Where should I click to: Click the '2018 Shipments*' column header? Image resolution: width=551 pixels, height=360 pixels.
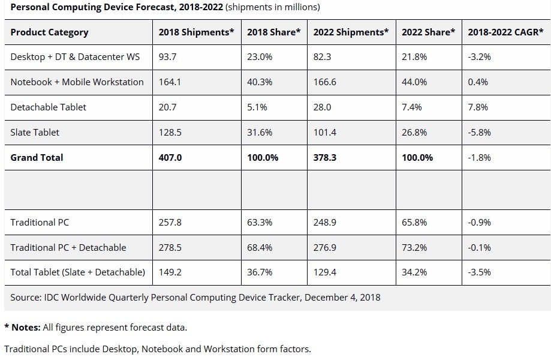[196, 32]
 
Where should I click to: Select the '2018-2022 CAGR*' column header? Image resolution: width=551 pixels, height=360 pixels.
[505, 32]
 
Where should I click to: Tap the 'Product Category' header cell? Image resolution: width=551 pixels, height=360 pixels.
[49, 32]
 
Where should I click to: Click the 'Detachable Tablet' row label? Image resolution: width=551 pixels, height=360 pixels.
[48, 107]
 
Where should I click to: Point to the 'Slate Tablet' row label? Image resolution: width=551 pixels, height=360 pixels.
[35, 132]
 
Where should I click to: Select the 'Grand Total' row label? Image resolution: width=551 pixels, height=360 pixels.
[37, 157]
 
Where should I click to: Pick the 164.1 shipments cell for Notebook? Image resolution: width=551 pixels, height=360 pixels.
[170, 82]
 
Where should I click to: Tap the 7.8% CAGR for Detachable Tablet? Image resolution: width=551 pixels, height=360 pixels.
[478, 107]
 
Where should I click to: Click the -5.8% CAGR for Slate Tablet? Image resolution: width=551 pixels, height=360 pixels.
[479, 132]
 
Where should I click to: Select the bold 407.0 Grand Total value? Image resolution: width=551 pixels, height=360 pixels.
[170, 157]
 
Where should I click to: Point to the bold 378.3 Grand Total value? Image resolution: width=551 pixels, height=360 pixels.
[325, 157]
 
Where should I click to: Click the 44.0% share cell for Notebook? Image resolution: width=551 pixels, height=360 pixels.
[414, 82]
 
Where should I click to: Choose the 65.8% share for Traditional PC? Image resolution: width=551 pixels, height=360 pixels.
[414, 222]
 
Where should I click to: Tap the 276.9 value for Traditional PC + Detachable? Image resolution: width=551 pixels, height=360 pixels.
[325, 247]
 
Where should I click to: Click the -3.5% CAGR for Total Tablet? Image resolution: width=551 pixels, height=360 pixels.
[479, 272]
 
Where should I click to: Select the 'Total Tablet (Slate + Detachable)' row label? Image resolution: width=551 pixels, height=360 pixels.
[77, 272]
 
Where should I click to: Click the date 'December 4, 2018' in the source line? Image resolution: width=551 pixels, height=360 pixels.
[342, 297]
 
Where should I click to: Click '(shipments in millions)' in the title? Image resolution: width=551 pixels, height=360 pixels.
[272, 7]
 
